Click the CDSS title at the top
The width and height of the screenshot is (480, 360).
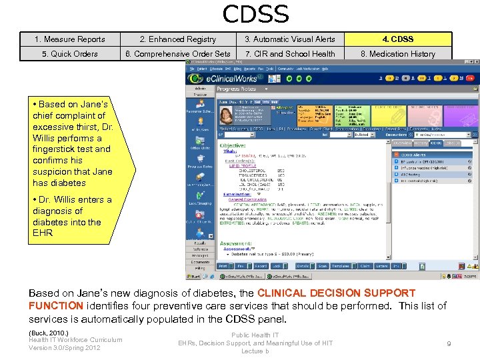point(255,14)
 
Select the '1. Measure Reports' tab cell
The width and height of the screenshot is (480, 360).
point(70,39)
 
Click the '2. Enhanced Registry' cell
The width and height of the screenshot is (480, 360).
point(177,39)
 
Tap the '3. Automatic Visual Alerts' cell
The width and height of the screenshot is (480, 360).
point(289,39)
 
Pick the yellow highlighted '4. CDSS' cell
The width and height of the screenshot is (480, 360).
point(397,39)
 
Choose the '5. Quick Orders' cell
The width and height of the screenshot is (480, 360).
point(70,54)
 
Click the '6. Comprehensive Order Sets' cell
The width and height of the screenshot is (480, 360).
point(177,54)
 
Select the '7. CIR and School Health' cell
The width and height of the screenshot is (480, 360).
point(289,54)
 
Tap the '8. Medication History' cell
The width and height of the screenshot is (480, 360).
point(397,54)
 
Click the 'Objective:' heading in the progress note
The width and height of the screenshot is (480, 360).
point(233,145)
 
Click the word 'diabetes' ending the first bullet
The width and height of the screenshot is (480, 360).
point(68,183)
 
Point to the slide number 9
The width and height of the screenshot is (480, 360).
point(449,343)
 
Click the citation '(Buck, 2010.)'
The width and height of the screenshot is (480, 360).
point(48,332)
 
